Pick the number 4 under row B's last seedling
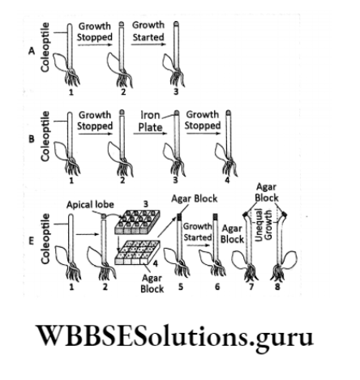pos(230,184)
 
